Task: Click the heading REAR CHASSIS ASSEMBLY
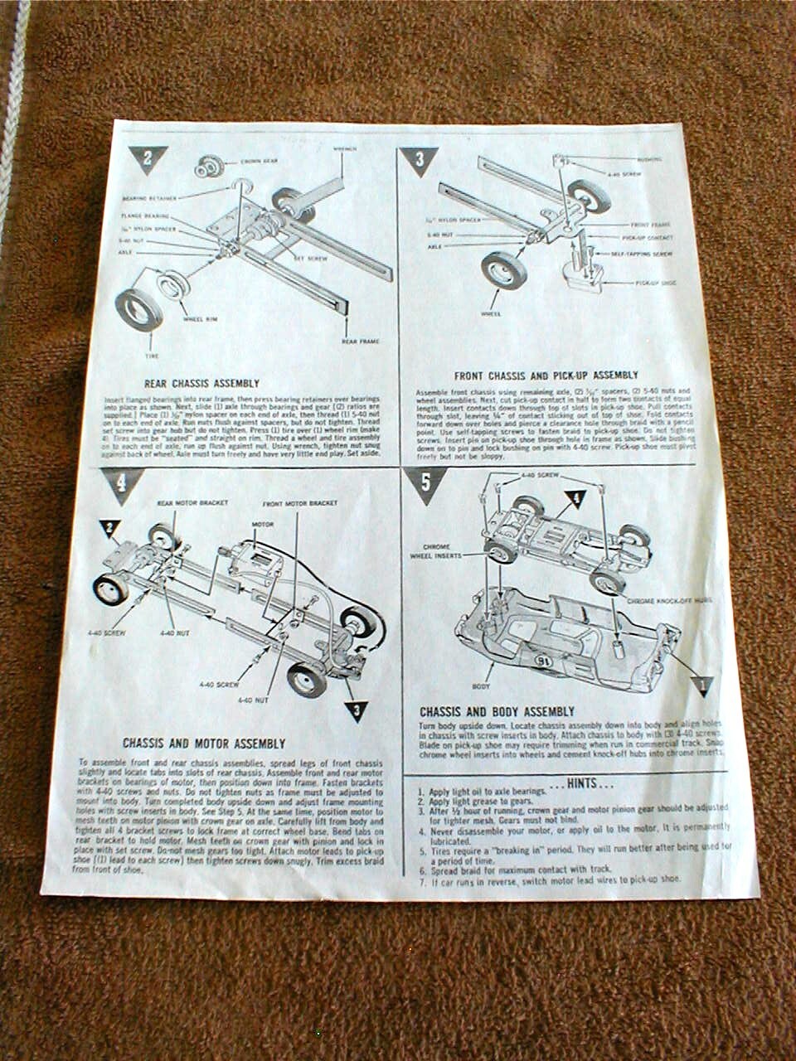pyautogui.click(x=201, y=384)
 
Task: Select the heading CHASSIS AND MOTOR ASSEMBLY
pyautogui.click(x=204, y=744)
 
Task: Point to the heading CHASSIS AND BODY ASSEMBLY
pyautogui.click(x=497, y=712)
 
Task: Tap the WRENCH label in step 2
pyautogui.click(x=344, y=150)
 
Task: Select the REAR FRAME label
pyautogui.click(x=358, y=341)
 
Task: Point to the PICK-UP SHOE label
pyautogui.click(x=657, y=283)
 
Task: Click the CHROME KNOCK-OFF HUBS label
pyautogui.click(x=663, y=599)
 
